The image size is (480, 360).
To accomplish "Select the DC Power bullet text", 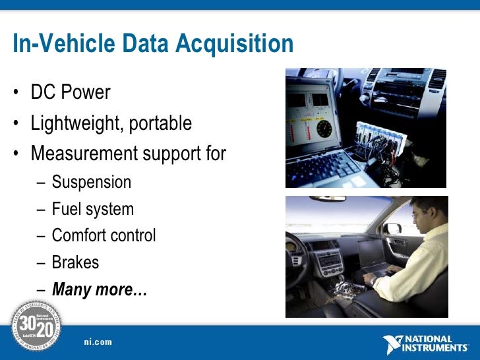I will [71, 92].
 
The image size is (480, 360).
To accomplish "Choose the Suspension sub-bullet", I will [92, 182].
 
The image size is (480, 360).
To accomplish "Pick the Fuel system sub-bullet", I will [93, 209].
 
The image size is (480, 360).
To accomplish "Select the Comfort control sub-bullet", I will [104, 235].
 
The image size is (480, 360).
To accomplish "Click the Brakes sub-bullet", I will [75, 262].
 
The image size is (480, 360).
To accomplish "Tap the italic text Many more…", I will [100, 289].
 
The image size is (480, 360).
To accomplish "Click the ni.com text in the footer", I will [98, 342].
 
